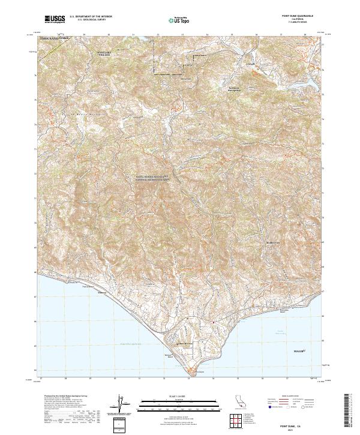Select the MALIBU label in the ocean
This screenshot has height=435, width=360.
299,349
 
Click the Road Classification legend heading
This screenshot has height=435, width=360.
290,398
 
